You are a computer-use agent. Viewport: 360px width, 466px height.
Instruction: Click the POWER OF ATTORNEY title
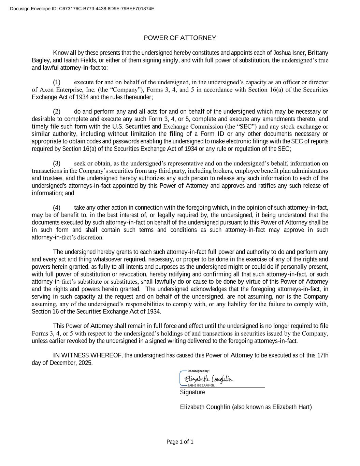[180, 38]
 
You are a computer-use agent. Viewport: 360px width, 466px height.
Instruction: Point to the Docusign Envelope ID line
[82, 9]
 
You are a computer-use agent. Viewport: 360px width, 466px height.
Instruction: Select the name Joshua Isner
[289, 53]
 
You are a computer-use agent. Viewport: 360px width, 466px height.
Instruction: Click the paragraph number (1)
[57, 82]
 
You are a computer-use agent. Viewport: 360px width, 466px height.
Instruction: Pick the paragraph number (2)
[57, 112]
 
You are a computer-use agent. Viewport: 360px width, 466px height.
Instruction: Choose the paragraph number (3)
[57, 164]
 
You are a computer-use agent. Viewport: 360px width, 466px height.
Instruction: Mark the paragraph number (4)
[57, 208]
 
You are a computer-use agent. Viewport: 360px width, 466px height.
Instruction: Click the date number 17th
[322, 356]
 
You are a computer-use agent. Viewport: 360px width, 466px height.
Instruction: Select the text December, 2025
[71, 363]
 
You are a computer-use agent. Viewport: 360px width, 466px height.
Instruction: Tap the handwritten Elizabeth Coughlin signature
[208, 379]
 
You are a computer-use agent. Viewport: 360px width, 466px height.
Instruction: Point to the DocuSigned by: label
[199, 371]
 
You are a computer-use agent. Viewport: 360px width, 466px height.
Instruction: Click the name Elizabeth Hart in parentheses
[291, 407]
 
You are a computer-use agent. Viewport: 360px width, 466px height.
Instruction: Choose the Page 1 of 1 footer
[180, 442]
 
